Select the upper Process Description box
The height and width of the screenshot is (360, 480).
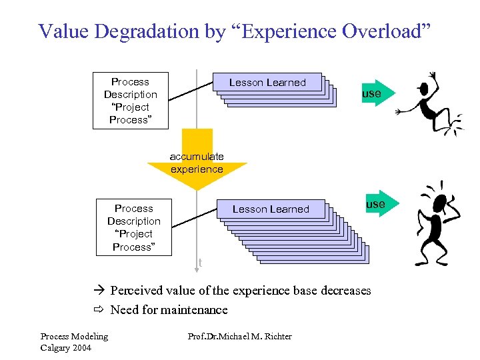130,100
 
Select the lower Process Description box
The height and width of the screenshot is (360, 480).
133,227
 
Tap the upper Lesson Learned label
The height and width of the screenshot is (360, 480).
267,83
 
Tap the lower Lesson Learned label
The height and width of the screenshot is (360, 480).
271,209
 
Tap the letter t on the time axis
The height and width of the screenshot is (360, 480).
200,263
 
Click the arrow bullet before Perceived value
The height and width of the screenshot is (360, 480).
100,291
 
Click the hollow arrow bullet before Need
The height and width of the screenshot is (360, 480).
100,309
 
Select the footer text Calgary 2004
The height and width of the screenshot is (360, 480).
65,348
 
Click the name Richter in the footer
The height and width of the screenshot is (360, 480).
275,336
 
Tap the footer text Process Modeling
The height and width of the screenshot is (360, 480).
74,336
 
